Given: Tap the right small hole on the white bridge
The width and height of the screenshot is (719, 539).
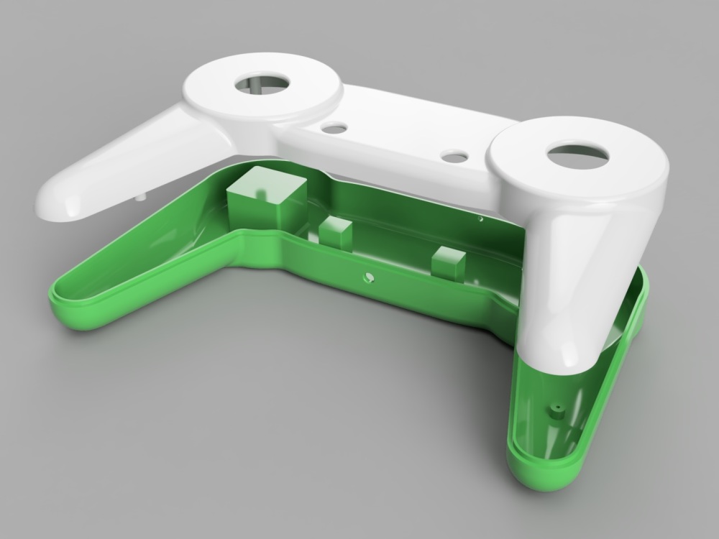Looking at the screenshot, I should (x=454, y=155).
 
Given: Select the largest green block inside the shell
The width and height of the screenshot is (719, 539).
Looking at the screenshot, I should (x=257, y=198).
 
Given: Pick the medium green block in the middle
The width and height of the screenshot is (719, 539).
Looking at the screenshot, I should (x=335, y=231).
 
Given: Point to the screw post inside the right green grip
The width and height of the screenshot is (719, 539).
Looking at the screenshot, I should (x=556, y=409).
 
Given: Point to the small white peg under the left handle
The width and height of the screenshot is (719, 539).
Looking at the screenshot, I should (x=142, y=195).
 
